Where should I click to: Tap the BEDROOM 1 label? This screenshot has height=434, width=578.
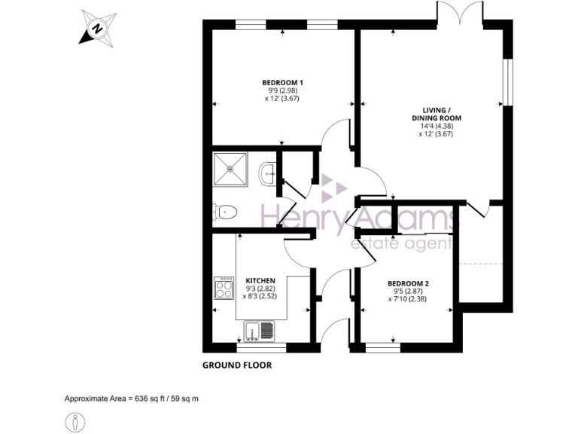282,82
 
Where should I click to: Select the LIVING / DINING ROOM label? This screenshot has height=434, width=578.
436,114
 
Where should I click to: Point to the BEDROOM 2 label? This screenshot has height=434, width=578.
407,283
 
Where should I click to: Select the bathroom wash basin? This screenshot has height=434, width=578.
267,175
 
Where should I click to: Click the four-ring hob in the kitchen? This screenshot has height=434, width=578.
224,289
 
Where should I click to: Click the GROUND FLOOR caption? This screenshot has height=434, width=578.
236,365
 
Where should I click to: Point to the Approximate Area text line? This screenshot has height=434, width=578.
132,398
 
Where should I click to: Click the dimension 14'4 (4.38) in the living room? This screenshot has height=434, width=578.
436,126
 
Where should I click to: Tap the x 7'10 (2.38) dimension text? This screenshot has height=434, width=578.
407,299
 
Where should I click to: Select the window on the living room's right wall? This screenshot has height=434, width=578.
508,82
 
